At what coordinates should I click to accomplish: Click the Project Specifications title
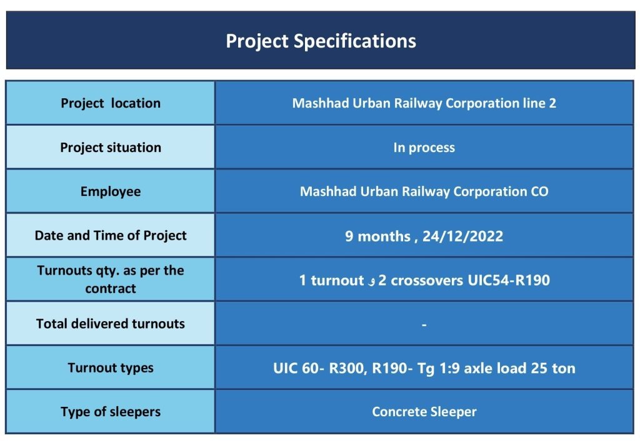pos(321,41)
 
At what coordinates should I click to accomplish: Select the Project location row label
pos(111,103)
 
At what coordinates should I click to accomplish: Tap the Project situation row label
pos(111,148)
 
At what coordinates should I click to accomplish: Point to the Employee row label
pos(111,192)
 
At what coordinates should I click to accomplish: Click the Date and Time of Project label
pos(111,236)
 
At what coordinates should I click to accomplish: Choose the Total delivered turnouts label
pos(111,324)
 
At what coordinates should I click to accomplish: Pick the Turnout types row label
pos(111,368)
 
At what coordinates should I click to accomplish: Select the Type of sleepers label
pos(111,412)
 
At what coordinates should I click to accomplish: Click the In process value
pos(424,148)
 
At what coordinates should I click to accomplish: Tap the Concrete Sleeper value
pos(424,412)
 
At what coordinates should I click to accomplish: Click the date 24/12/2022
pos(462,236)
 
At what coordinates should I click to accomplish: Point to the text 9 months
pos(377,236)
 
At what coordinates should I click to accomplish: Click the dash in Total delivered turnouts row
pos(424,325)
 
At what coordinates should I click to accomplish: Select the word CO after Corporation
pos(539,192)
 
